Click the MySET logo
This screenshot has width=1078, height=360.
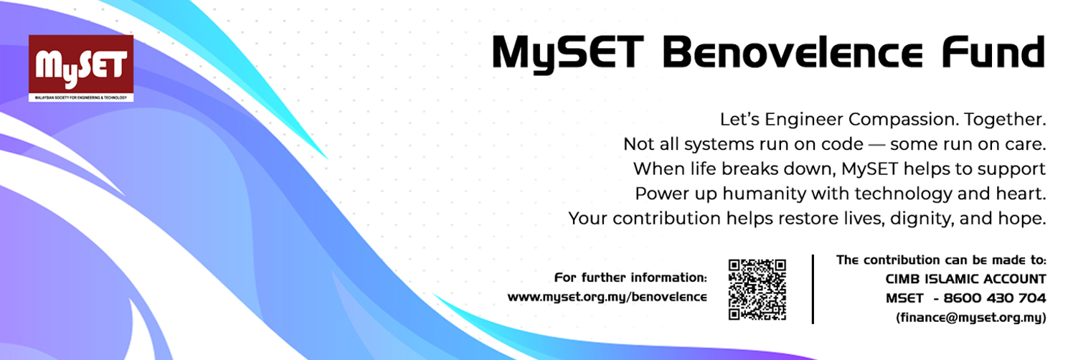(x=81, y=68)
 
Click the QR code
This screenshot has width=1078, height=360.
(x=757, y=290)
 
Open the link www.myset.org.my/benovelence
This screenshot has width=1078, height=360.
(x=607, y=297)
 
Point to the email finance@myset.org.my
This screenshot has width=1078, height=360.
(x=971, y=318)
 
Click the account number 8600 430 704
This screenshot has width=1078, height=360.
(x=995, y=298)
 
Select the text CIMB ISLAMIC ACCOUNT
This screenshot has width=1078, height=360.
(x=966, y=279)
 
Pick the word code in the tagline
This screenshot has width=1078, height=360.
(x=842, y=144)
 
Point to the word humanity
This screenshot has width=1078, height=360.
(x=765, y=194)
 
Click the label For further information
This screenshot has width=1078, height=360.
(x=631, y=278)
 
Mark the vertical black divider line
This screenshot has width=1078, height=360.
(x=813, y=289)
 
